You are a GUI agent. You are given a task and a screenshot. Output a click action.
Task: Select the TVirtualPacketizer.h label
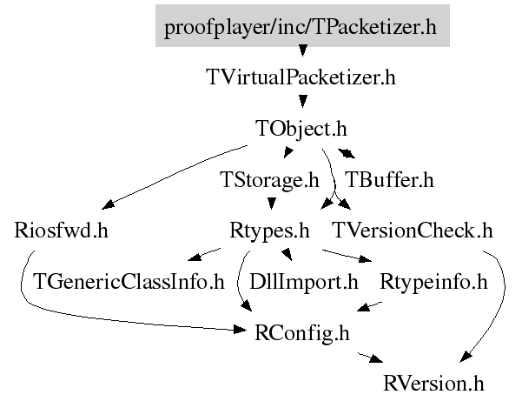(x=301, y=77)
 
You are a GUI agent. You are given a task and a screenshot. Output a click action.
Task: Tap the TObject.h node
(x=301, y=129)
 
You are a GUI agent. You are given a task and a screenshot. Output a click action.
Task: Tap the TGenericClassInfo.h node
(x=129, y=282)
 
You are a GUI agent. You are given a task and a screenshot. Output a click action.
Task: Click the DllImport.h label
(x=303, y=282)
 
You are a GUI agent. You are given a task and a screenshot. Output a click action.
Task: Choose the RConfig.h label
(x=302, y=332)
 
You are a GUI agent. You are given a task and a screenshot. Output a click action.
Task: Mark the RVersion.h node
(x=433, y=383)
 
